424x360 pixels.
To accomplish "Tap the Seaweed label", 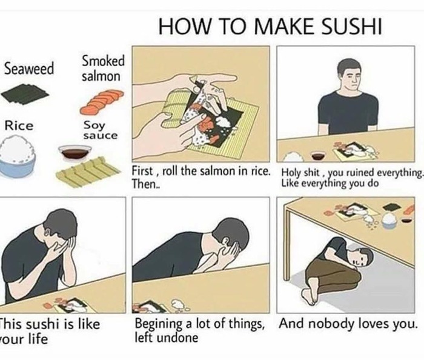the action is click(x=29, y=68).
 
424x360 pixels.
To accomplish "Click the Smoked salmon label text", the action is click(x=103, y=68).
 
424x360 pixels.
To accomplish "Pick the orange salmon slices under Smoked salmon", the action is click(x=102, y=102).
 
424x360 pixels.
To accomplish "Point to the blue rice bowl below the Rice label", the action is click(x=18, y=158).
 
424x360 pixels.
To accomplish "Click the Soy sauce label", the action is click(x=101, y=130).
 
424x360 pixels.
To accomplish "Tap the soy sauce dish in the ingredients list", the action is click(x=75, y=153).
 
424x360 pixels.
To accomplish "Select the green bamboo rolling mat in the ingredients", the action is click(x=87, y=172).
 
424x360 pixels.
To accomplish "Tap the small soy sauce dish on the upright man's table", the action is click(x=318, y=156).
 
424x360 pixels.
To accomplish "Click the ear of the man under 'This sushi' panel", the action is click(x=47, y=232).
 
